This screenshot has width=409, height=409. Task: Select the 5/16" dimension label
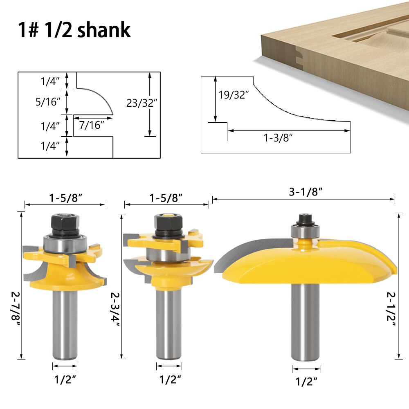(48, 102)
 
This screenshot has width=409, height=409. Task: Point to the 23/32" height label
(142, 103)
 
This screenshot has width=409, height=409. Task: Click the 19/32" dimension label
(234, 95)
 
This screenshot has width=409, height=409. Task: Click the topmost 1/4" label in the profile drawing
(50, 81)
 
